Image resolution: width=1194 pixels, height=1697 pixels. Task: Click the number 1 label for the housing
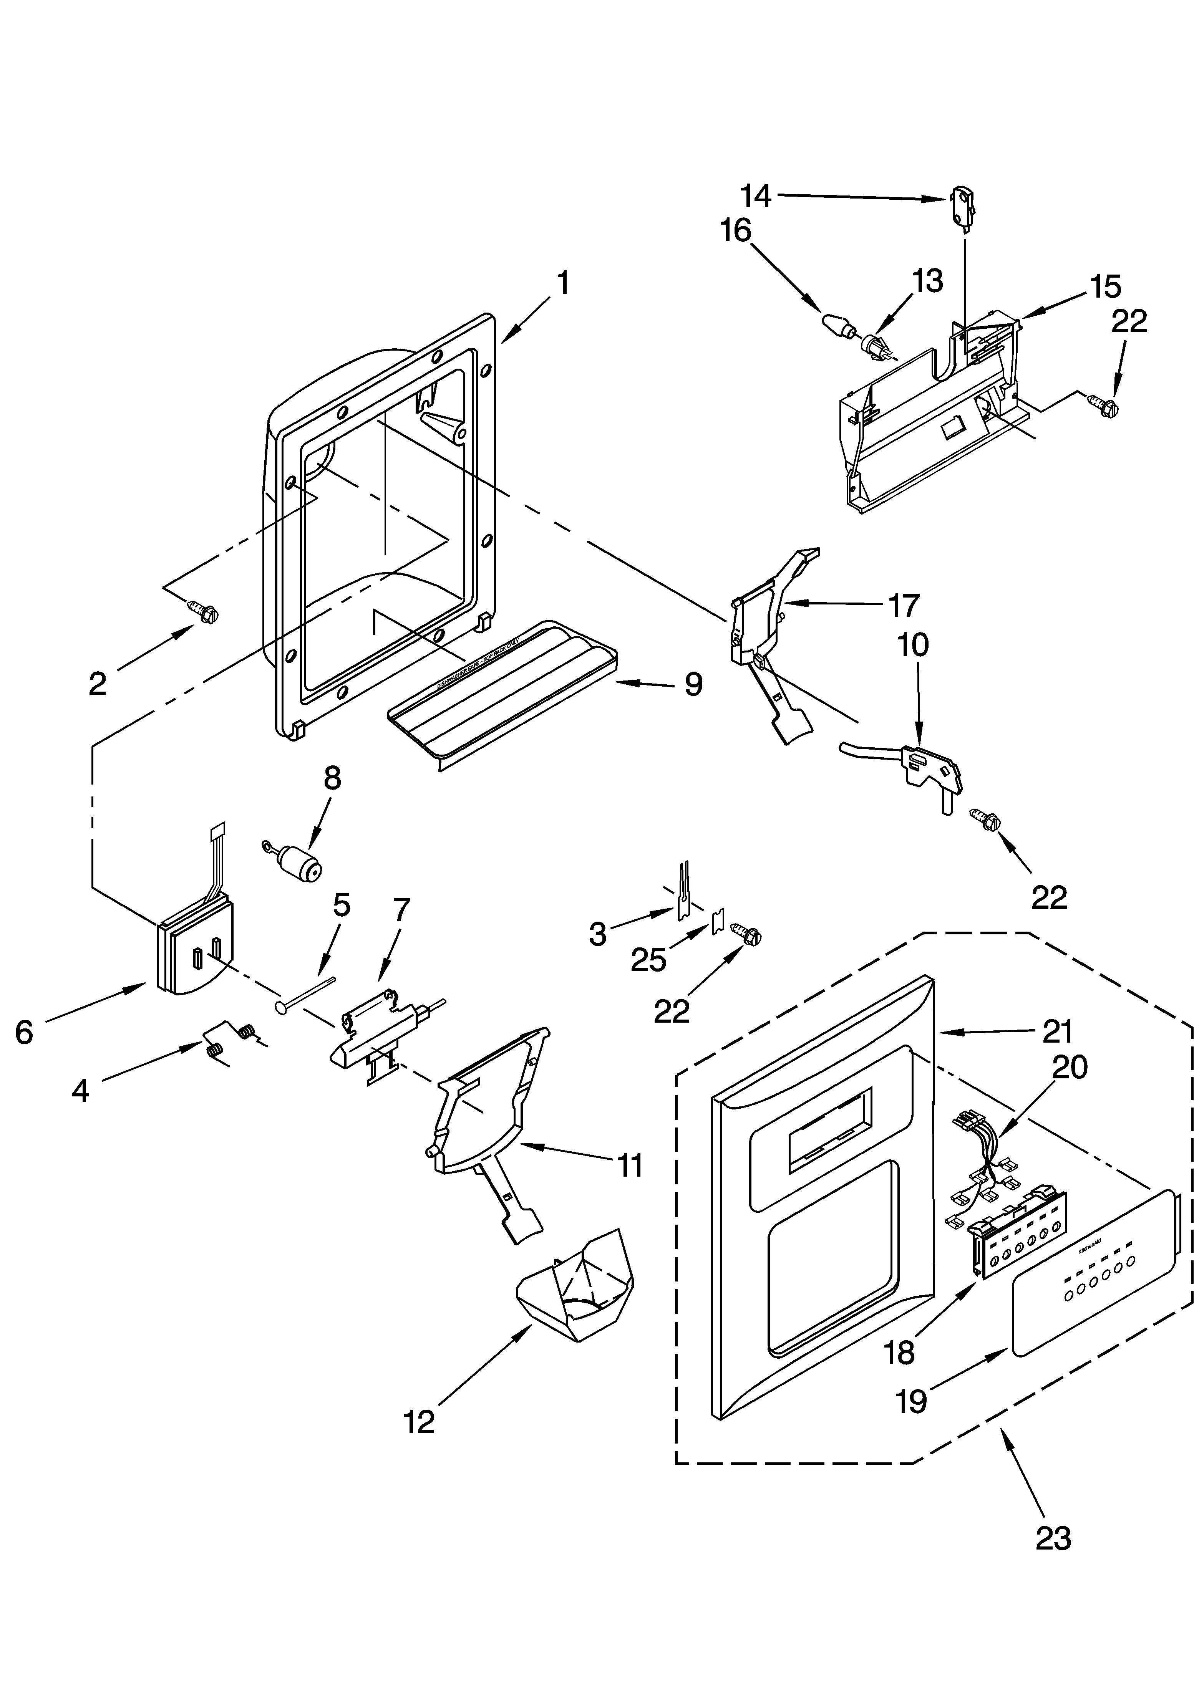[x=563, y=283]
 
